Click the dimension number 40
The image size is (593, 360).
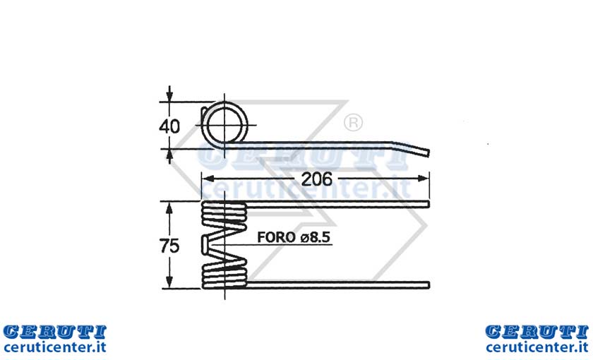pos(169,126)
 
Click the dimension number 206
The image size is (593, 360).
pos(316,179)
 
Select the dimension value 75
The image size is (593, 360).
pos(169,246)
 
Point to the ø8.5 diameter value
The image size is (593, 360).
pos(316,237)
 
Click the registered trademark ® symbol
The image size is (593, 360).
pos(353,122)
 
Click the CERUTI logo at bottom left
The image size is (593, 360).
pos(54,332)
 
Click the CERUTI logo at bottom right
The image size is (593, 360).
pos(537,332)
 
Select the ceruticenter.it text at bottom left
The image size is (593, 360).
pos(54,347)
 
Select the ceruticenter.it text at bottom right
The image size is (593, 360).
pos(537,347)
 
